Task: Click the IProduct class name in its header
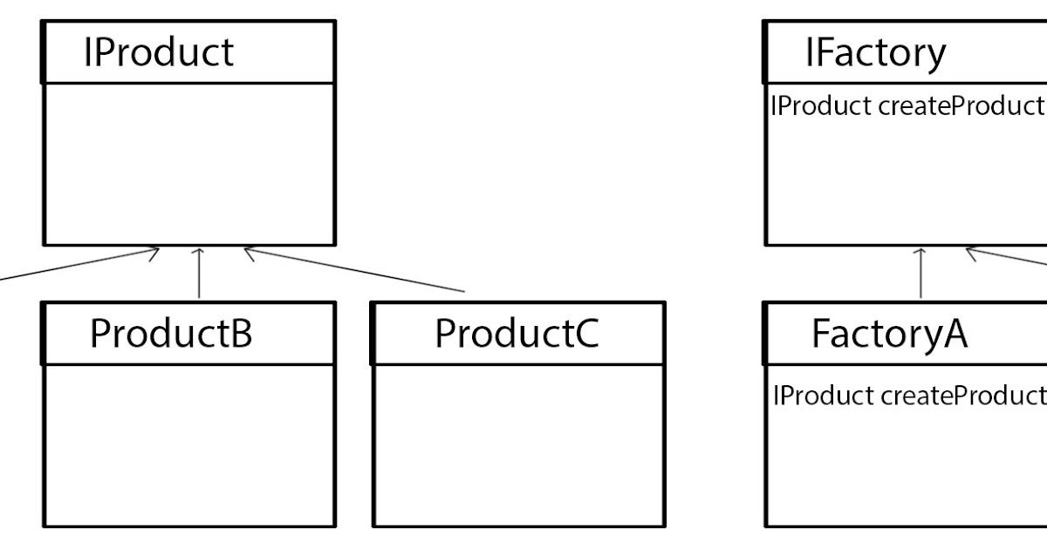[x=158, y=52]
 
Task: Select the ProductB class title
[x=171, y=334]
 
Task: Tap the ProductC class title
[x=517, y=334]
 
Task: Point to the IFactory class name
[x=874, y=52]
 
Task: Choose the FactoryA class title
[x=888, y=334]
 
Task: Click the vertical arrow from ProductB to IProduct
[x=200, y=274]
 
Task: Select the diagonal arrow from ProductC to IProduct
[x=353, y=270]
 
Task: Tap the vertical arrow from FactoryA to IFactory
[x=920, y=274]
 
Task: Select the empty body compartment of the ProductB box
[x=188, y=444]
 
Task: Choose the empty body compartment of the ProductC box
[x=518, y=444]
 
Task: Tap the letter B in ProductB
[x=240, y=334]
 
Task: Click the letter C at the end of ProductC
[x=585, y=334]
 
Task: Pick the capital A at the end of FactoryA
[x=953, y=334]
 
